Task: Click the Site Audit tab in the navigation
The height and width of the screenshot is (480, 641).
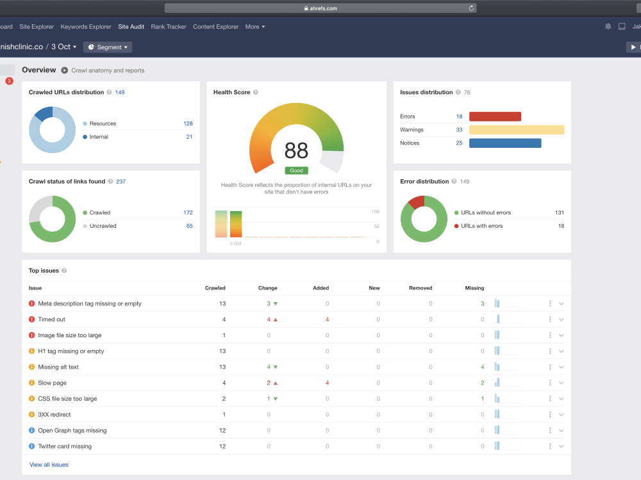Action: coord(131,26)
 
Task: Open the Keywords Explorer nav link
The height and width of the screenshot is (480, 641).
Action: coord(86,26)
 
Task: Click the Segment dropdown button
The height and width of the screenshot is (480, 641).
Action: coord(108,47)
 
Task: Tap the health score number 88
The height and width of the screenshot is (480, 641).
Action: coord(296,150)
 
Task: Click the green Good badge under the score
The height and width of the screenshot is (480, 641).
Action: coord(296,171)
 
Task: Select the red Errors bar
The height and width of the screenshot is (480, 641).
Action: coord(495,116)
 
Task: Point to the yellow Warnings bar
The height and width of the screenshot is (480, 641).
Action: coord(517,130)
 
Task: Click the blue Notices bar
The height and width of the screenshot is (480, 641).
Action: coord(505,143)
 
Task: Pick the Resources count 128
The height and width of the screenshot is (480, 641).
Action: coord(188,124)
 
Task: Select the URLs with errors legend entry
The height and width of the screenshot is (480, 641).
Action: coord(479,226)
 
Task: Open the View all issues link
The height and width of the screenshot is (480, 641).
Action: coord(49,465)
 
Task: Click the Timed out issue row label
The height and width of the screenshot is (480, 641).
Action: coord(51,319)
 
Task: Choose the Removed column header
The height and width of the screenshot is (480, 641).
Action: coord(420,288)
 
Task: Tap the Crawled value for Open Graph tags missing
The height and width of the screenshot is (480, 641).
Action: coord(222,430)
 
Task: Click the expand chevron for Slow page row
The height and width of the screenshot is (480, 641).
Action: coord(562,383)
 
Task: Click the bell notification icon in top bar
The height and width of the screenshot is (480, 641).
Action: coord(608,26)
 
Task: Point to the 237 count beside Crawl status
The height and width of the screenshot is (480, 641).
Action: coord(121,181)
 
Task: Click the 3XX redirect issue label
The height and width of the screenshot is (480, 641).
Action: coord(54,414)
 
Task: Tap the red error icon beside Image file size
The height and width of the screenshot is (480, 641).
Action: coord(31,335)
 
